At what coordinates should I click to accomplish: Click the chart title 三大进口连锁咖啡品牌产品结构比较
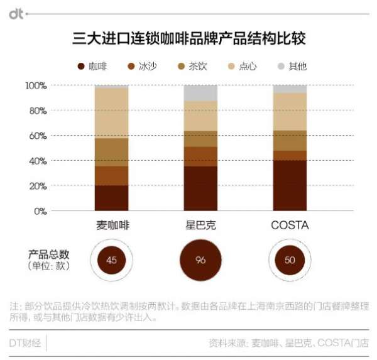pos(188,38)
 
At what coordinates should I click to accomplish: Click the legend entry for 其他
pos(292,66)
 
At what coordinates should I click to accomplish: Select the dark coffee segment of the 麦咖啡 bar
pos(111,198)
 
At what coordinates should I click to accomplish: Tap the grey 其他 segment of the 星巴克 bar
pos(200,93)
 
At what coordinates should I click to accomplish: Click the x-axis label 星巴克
pos(200,225)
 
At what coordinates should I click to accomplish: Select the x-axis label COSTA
pos(290,225)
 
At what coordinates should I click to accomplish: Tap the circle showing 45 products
pos(112,260)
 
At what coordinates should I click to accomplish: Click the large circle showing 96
pos(200,260)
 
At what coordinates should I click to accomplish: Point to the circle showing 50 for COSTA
pos(290,260)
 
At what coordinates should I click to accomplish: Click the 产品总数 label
pos(48,254)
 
